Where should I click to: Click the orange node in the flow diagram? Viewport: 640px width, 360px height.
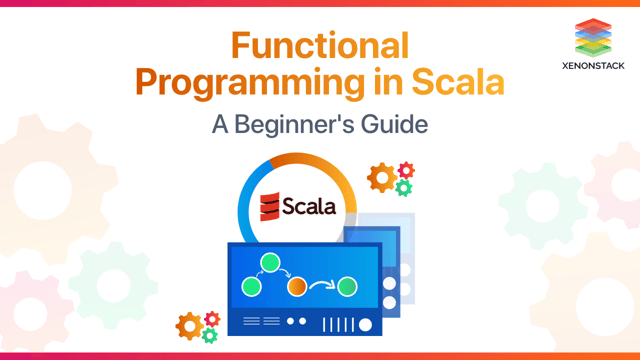pyautogui.click(x=295, y=286)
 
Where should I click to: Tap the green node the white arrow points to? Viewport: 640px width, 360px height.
pyautogui.click(x=347, y=287)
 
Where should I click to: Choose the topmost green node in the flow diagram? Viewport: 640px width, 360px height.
pyautogui.click(x=267, y=263)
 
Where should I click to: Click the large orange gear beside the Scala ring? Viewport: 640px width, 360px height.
pyautogui.click(x=381, y=178)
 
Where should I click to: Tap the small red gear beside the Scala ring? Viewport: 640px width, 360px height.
pyautogui.click(x=405, y=170)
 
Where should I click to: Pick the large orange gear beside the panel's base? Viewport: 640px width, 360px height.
pyautogui.click(x=189, y=326)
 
